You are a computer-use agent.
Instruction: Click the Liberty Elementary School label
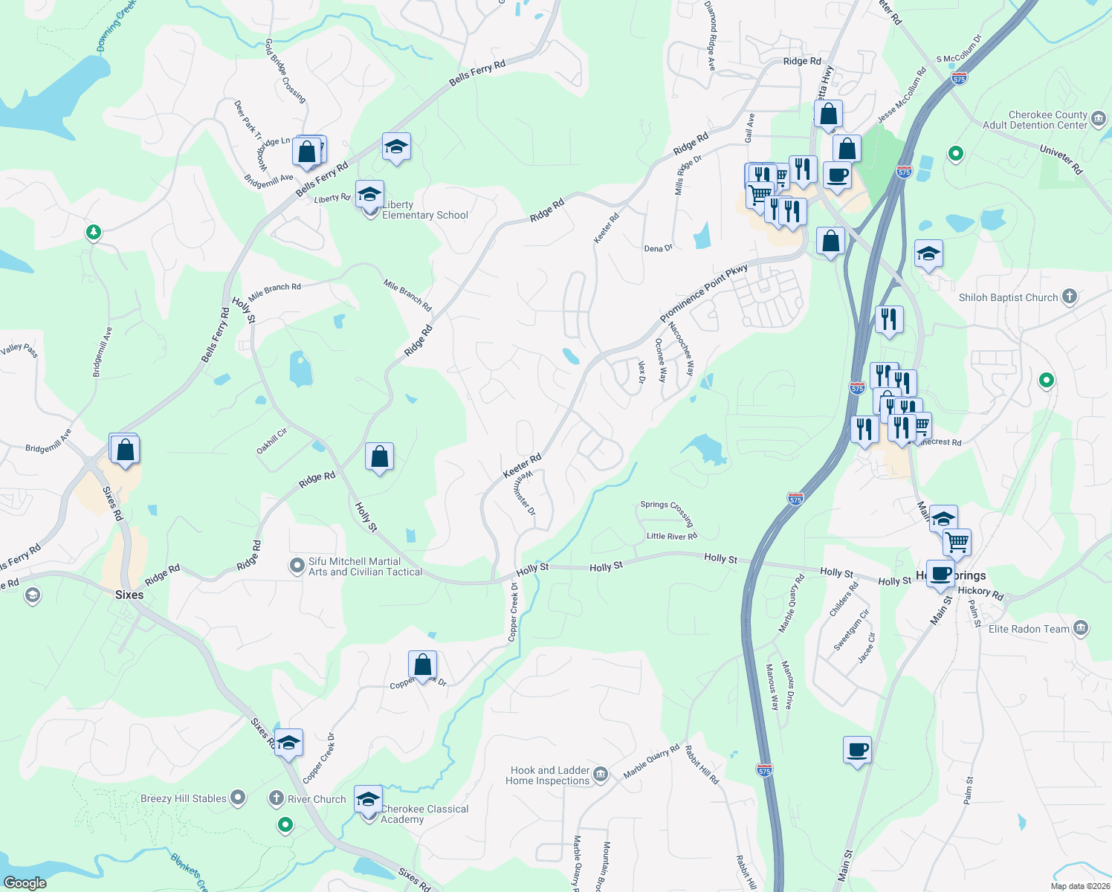tap(425, 210)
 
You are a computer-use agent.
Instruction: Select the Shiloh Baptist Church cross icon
tap(1069, 297)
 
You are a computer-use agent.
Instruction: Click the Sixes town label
tap(129, 595)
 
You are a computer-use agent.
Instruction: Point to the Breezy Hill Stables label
tap(184, 798)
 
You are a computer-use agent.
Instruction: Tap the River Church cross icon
tap(276, 799)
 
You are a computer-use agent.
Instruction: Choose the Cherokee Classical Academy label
tap(424, 814)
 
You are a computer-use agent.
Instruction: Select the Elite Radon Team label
tap(1029, 629)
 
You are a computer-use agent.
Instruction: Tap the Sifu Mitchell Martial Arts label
tap(365, 566)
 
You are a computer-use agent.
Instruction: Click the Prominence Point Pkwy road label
tap(703, 294)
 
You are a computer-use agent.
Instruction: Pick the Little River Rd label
tap(672, 536)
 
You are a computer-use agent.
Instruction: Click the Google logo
tap(25, 882)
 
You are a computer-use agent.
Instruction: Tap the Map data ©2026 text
tap(1079, 885)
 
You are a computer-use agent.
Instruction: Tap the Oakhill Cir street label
tap(271, 442)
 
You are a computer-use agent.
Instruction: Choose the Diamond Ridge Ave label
tap(711, 36)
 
